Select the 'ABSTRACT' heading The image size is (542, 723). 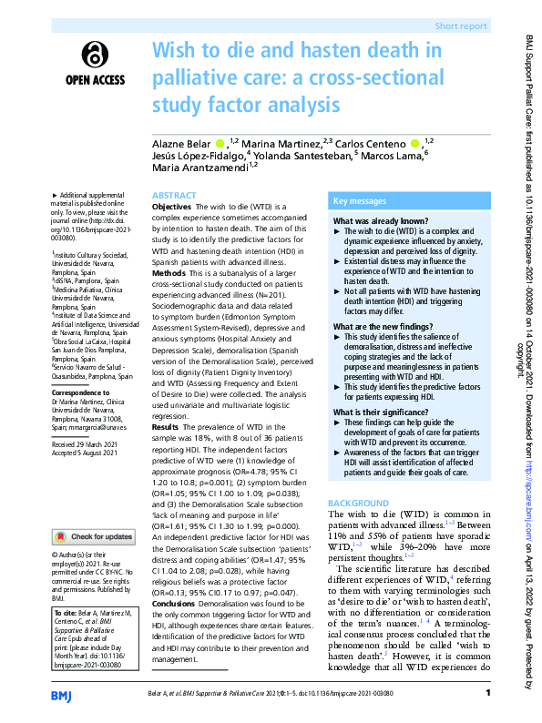pos(173,196)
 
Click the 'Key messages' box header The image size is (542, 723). pos(361,200)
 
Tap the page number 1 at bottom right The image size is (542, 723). pos(488,696)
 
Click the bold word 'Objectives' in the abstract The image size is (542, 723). pos(171,209)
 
